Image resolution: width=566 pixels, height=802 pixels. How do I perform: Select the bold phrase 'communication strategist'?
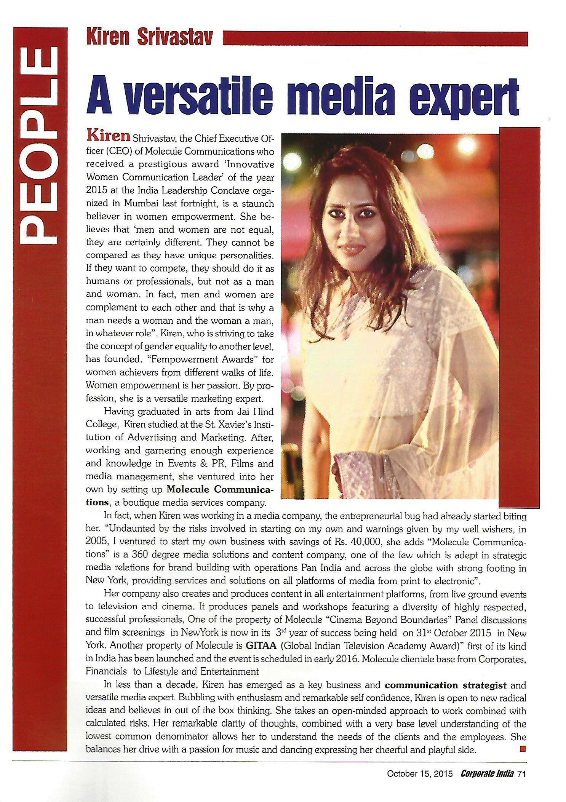(x=446, y=685)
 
